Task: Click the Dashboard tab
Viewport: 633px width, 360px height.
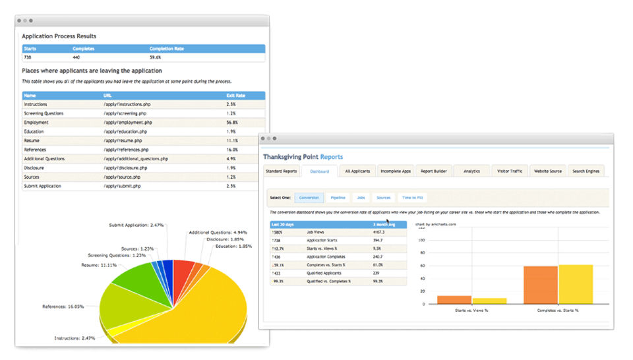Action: tap(319, 171)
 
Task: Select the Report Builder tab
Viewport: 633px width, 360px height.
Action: tap(434, 171)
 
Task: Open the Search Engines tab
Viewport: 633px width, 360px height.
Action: tap(586, 171)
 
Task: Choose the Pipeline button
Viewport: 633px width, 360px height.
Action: tap(338, 197)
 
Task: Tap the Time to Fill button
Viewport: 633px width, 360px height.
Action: tap(413, 197)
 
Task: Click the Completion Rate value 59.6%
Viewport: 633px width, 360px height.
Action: tap(156, 58)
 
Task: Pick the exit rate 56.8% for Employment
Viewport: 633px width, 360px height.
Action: tap(232, 123)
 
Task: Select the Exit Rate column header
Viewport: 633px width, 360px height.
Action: tap(235, 96)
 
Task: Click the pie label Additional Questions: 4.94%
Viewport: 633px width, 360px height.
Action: tap(218, 232)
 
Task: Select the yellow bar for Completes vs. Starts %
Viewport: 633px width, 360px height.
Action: tap(575, 284)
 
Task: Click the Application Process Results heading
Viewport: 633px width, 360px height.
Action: tap(59, 36)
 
